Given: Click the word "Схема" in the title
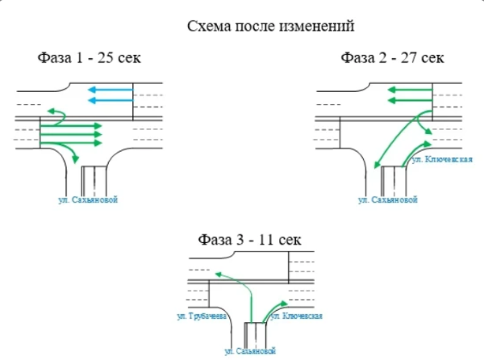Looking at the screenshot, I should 207,27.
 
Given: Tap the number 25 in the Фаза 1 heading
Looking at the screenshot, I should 102,58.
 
